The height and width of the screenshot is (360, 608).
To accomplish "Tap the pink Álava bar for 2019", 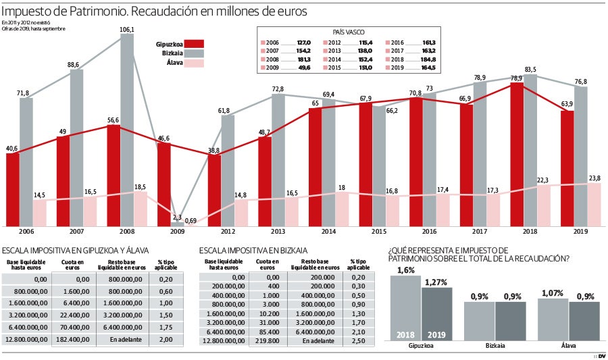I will click(594, 204).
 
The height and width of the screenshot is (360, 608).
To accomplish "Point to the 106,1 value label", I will click(126, 29).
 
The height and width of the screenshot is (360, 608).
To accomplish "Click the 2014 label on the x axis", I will click(328, 232).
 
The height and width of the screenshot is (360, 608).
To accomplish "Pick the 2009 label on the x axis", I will click(178, 232).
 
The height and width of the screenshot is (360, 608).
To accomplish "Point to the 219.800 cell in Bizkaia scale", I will click(268, 341).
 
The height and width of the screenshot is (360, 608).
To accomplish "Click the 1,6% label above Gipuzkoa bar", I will click(405, 270).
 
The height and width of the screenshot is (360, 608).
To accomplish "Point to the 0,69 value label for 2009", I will click(191, 221).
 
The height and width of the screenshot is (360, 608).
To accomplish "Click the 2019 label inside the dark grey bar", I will click(437, 334).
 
